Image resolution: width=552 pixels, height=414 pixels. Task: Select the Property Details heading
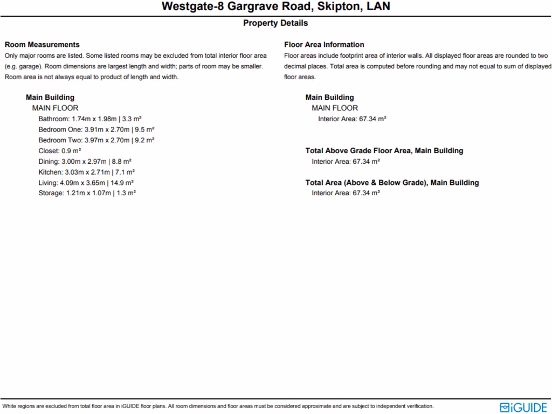275,23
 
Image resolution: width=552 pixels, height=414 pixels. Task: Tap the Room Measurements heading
42,45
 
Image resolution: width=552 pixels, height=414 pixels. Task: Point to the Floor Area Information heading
324,45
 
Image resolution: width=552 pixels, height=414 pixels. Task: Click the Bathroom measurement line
90,119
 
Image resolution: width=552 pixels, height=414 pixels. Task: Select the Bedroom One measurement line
96,129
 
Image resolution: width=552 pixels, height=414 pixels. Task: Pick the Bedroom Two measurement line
96,140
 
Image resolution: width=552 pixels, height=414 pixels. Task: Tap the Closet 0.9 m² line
60,151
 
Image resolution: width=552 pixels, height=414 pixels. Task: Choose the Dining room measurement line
85,161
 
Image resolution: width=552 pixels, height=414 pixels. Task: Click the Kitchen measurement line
87,172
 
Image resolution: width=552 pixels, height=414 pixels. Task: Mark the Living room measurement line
86,183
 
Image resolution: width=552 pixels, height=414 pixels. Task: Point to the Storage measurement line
87,193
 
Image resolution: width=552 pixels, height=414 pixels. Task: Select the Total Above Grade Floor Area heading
384,151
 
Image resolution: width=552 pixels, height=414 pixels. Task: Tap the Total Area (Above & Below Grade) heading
392,183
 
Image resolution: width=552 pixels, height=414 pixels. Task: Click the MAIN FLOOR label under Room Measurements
55,108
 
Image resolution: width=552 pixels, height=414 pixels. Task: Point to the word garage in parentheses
27,66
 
